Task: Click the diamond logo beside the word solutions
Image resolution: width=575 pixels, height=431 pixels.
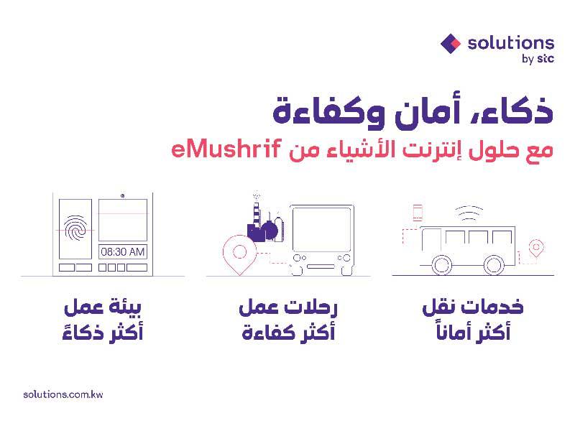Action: pyautogui.click(x=451, y=43)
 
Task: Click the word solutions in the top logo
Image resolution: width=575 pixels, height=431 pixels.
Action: pyautogui.click(x=510, y=43)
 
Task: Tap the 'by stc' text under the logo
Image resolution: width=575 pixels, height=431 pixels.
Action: pyautogui.click(x=538, y=60)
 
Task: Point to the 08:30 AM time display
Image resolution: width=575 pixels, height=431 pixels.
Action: pyautogui.click(x=122, y=252)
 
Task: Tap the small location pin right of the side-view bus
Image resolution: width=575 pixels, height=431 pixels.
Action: pyautogui.click(x=535, y=249)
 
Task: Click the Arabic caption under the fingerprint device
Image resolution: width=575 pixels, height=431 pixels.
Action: pyautogui.click(x=103, y=321)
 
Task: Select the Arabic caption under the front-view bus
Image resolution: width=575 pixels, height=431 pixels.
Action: pyautogui.click(x=287, y=321)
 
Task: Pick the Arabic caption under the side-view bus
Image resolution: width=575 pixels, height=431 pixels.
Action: pyautogui.click(x=471, y=321)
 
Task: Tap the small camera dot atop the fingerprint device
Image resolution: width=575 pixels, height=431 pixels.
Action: pyautogui.click(x=122, y=195)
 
